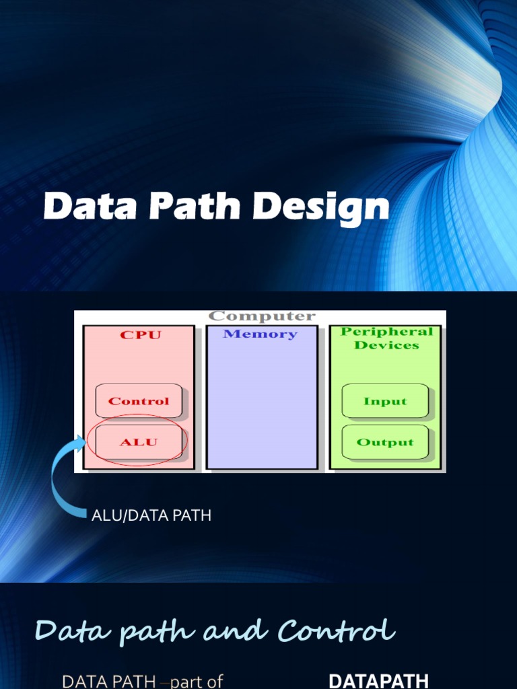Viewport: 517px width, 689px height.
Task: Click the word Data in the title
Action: tap(87, 207)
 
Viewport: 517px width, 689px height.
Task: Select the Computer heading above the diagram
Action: tap(261, 316)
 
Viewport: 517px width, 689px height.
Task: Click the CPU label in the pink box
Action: tap(140, 334)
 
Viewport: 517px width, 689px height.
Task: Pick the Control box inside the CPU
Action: tap(139, 401)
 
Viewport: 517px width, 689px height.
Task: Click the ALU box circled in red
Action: tap(139, 442)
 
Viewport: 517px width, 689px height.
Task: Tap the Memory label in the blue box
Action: tap(260, 334)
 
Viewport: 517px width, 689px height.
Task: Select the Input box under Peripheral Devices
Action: tap(385, 401)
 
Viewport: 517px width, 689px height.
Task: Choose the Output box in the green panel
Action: tap(385, 442)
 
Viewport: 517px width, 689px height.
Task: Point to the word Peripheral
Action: tap(386, 332)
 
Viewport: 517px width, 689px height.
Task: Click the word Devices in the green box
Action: tap(386, 345)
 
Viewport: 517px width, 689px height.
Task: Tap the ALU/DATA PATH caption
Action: tap(151, 516)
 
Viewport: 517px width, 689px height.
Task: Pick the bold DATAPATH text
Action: tap(378, 681)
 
